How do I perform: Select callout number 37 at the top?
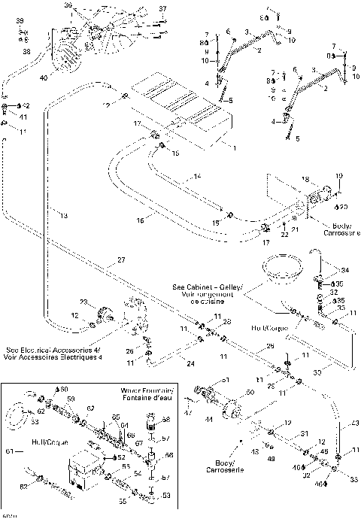tap(162, 8)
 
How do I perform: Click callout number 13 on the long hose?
tap(63, 215)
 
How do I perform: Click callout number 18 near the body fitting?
tap(305, 179)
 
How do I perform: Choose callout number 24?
tap(190, 363)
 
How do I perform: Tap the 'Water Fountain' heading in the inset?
tap(147, 391)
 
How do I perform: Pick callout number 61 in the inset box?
tap(9, 451)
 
